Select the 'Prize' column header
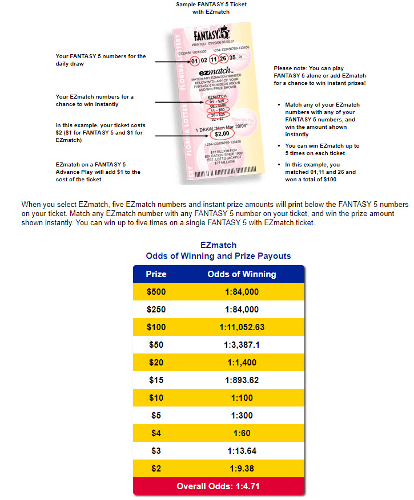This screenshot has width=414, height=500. pyautogui.click(x=156, y=274)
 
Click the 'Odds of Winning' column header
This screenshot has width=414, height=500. pyautogui.click(x=242, y=274)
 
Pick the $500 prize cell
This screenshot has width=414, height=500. pyautogui.click(x=156, y=292)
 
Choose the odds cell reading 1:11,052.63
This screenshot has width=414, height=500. pyautogui.click(x=242, y=327)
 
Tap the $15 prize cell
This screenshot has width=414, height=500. pyautogui.click(x=156, y=380)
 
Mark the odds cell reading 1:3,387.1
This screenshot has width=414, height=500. pyautogui.click(x=242, y=345)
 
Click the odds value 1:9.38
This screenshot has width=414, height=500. pyautogui.click(x=242, y=469)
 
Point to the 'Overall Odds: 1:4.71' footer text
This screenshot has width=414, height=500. pyautogui.click(x=219, y=486)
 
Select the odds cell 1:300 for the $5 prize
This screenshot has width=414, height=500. pyautogui.click(x=242, y=416)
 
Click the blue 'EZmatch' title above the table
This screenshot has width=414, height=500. pyautogui.click(x=218, y=245)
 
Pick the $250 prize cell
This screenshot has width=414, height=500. pyautogui.click(x=156, y=310)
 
